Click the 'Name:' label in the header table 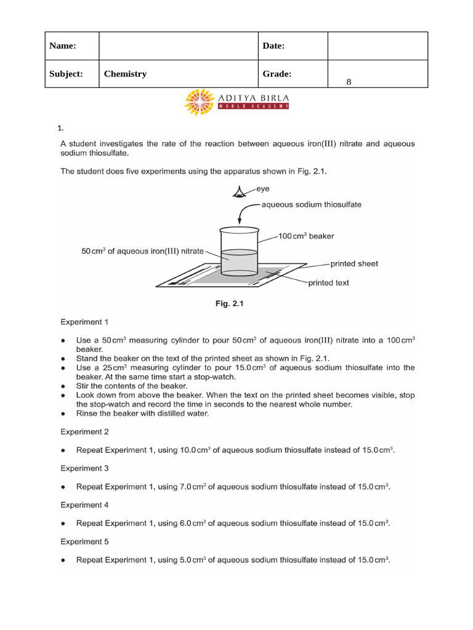click(x=62, y=46)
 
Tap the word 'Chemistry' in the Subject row click(x=125, y=74)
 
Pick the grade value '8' click(x=349, y=82)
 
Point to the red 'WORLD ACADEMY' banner click(x=253, y=106)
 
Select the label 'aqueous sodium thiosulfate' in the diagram click(x=312, y=204)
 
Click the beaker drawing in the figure click(x=238, y=252)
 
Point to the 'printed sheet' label click(x=354, y=263)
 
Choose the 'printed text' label click(x=328, y=283)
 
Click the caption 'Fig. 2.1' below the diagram click(x=237, y=303)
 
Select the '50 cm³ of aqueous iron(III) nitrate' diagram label click(x=142, y=250)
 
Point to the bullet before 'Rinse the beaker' click(x=64, y=413)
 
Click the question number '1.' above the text click(x=60, y=129)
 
